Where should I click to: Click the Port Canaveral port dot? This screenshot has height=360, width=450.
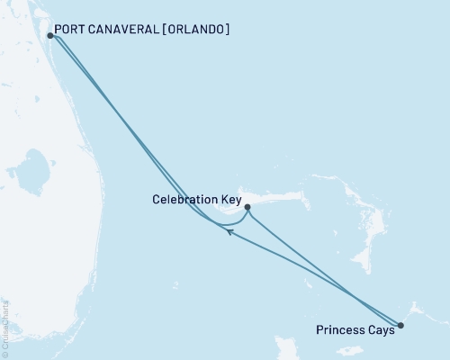pos(49,36)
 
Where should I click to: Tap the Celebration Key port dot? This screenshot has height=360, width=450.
pos(247,206)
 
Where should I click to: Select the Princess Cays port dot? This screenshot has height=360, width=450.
pos(400,325)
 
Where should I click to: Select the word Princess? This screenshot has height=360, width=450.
pos(340,330)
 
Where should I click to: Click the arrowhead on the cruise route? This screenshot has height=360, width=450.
pos(230,232)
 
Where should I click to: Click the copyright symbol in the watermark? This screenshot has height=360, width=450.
pos(4,352)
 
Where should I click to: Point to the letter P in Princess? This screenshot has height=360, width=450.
pos(320,330)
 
